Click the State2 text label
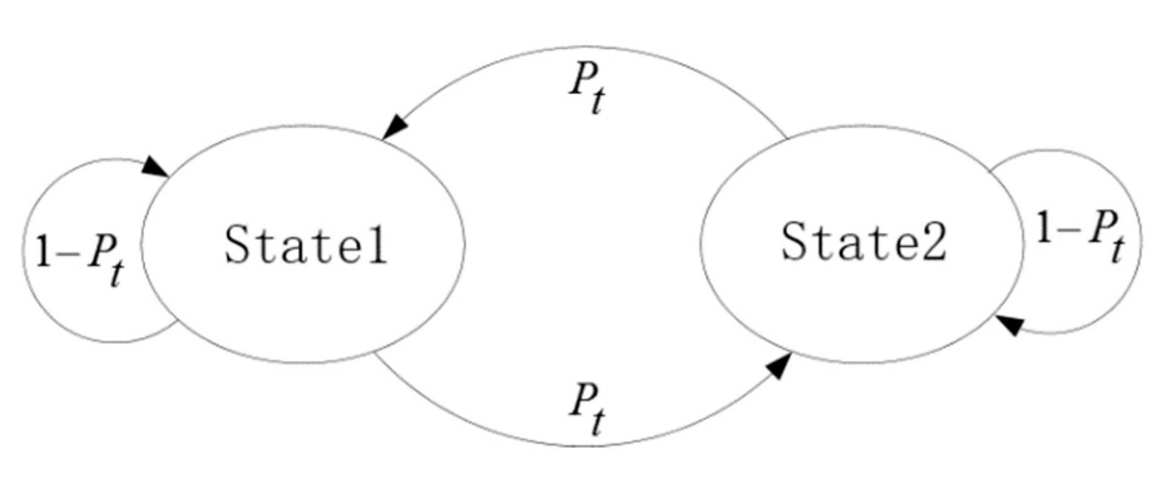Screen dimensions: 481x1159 pos(864,242)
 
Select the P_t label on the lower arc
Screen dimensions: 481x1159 pos(587,408)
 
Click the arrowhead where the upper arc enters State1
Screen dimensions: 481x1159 pos(395,127)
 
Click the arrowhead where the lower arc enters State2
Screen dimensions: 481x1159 pos(778,366)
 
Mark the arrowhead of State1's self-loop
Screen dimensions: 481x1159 pos(154,167)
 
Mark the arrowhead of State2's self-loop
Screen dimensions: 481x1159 pos(1009,324)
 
